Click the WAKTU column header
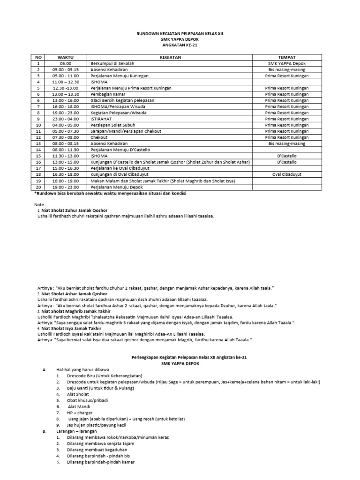point(65,57)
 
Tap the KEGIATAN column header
point(170,57)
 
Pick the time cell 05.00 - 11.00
point(65,75)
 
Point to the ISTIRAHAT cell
point(101,119)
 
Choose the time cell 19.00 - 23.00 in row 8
point(65,113)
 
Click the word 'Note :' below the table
point(41,205)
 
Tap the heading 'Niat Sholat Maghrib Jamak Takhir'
point(76,311)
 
